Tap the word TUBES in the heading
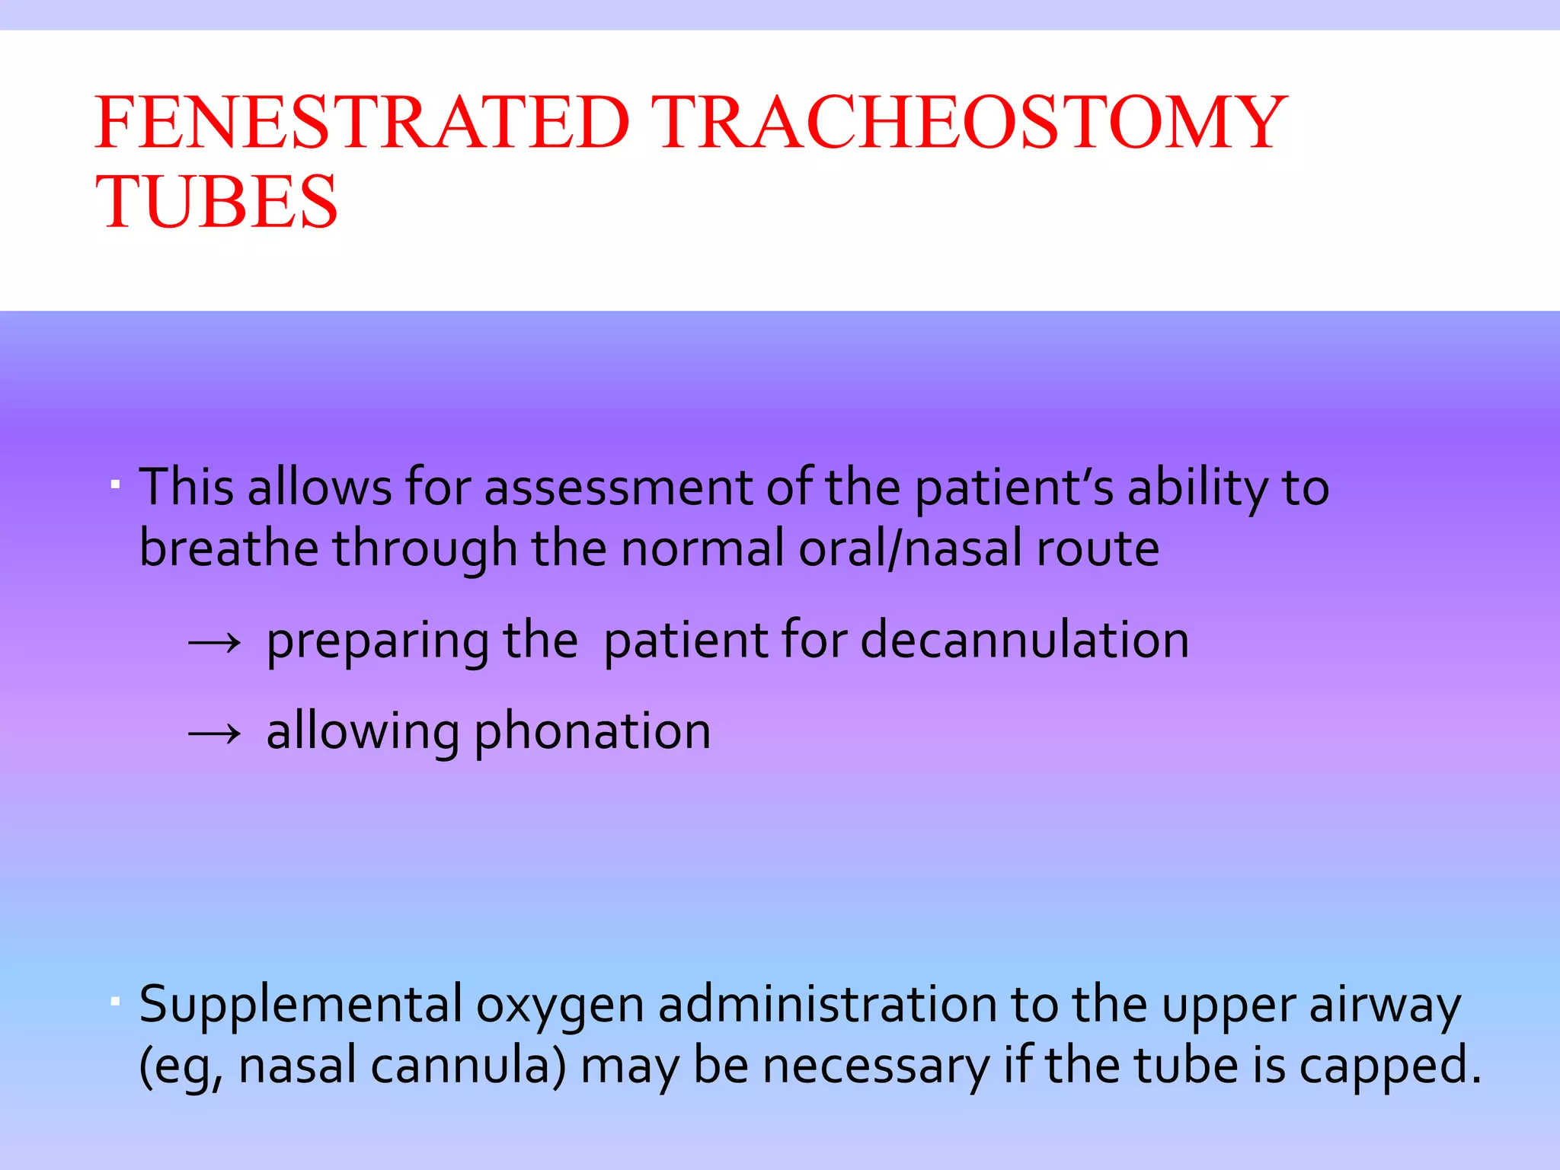pos(216,202)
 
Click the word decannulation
pos(1025,640)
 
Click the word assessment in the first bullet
pos(618,487)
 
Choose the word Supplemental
pos(301,1005)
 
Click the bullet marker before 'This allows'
pos(115,484)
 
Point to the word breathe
pos(229,548)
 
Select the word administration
pos(827,1004)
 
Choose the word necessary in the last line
pos(875,1066)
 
